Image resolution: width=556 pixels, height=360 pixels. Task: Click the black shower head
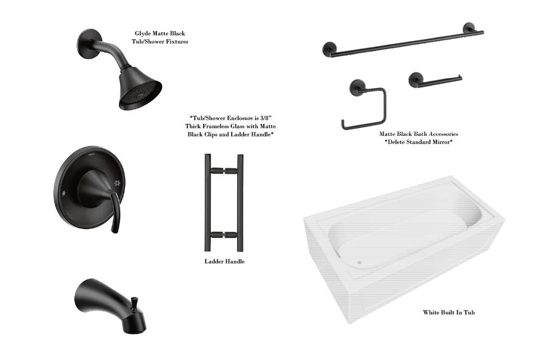[x=140, y=89]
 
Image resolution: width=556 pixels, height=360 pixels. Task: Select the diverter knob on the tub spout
[x=135, y=302]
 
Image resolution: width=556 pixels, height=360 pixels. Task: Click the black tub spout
[x=110, y=306]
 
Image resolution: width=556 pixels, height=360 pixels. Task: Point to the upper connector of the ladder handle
[x=224, y=170]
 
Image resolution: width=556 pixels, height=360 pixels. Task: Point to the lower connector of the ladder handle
[x=224, y=235]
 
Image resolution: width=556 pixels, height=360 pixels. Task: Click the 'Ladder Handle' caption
[x=224, y=261]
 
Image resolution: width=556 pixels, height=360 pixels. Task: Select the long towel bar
[x=403, y=40]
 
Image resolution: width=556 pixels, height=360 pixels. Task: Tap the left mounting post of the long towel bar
[x=329, y=49]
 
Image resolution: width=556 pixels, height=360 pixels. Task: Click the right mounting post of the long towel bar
[x=469, y=29]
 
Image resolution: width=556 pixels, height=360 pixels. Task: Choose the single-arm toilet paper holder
[x=435, y=80]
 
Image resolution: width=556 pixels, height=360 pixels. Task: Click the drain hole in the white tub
[x=359, y=263]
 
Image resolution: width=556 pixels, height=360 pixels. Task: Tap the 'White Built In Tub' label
[x=448, y=312]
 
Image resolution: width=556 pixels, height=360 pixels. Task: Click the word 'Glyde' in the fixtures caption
[x=142, y=34]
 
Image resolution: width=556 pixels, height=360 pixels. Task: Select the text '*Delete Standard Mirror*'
[x=419, y=142]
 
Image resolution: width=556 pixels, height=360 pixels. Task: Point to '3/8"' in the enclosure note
[x=265, y=118]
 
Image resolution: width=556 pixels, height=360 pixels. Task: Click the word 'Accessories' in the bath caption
[x=443, y=134]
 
